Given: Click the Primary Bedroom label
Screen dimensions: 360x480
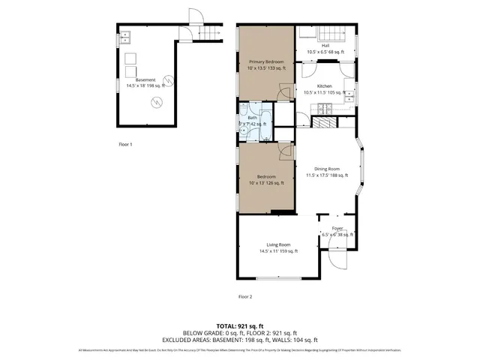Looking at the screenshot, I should (x=267, y=64).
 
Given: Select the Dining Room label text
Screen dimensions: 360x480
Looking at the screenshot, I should (x=327, y=172).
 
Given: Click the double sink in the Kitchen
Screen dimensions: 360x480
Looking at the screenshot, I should (x=350, y=94).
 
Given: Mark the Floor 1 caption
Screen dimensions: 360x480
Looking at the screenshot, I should (x=125, y=143).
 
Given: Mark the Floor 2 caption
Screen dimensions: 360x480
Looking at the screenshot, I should (x=245, y=296).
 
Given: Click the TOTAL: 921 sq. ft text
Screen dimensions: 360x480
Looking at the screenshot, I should (x=240, y=326).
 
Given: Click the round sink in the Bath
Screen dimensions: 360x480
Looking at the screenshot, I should (x=245, y=129).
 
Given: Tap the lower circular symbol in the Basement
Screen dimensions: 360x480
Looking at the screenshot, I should (x=155, y=104).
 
